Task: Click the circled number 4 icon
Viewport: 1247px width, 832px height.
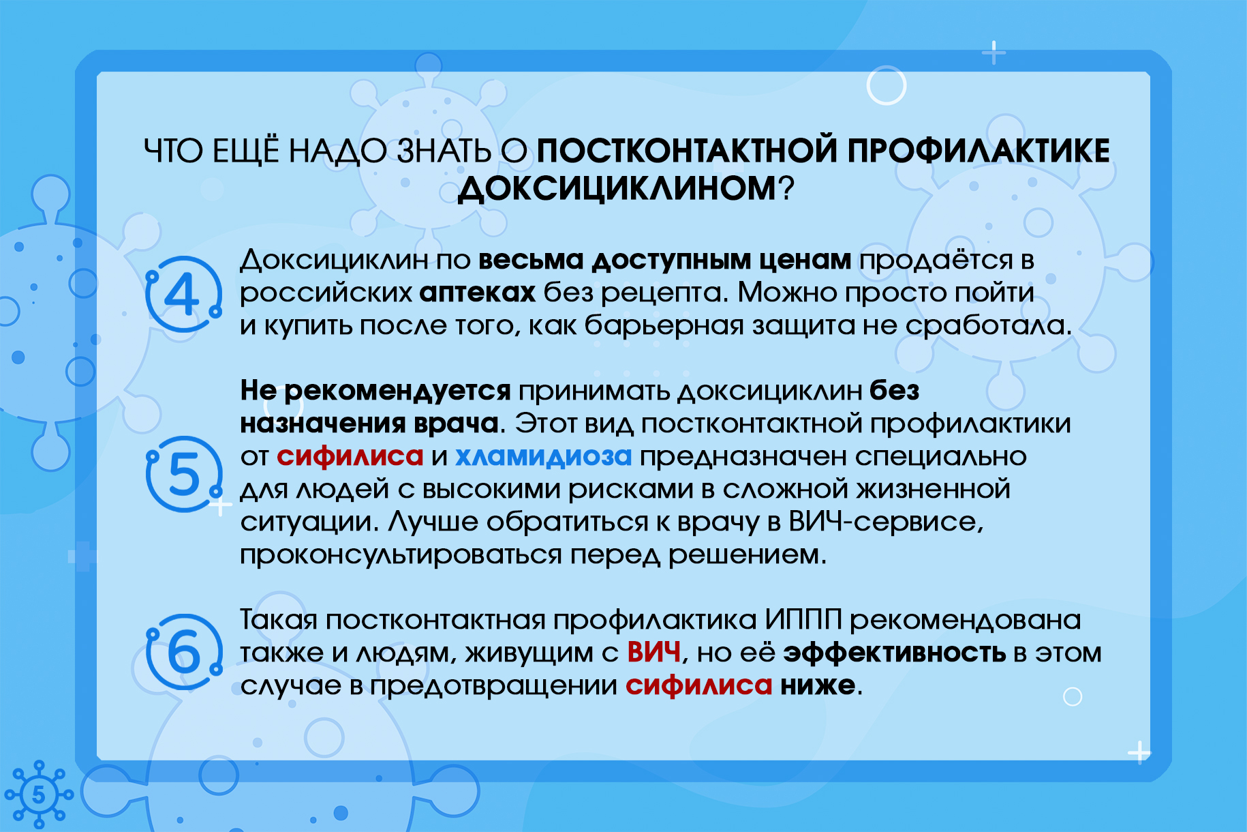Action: click(183, 294)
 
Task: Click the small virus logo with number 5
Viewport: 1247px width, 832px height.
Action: click(39, 794)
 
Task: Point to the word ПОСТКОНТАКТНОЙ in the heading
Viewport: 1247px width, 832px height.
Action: click(688, 151)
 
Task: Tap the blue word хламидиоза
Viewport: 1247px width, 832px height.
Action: click(543, 456)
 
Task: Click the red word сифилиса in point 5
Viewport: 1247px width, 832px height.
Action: click(350, 456)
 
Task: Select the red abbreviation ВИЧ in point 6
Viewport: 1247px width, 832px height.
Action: click(654, 653)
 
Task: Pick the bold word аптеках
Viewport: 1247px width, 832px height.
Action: click(477, 293)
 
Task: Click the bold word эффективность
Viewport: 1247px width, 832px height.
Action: click(895, 653)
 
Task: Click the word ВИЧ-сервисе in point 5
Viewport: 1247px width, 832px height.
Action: click(885, 522)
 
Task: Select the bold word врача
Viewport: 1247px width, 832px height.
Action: click(455, 424)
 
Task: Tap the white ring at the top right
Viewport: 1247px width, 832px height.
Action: click(887, 85)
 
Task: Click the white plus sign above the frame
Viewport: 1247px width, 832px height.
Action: click(994, 53)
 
